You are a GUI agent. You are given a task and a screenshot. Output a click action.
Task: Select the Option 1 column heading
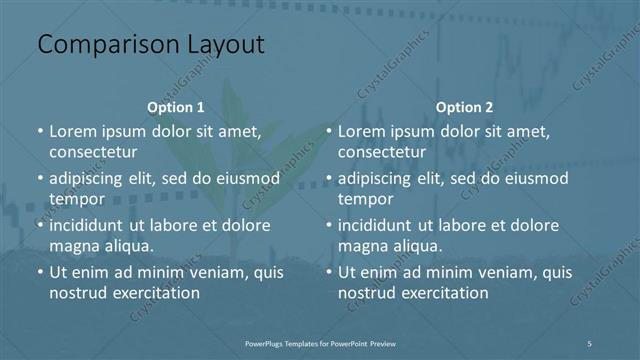click(176, 106)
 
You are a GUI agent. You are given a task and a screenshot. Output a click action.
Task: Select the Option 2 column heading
click(465, 106)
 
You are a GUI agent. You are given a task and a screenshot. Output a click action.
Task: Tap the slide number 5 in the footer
click(591, 343)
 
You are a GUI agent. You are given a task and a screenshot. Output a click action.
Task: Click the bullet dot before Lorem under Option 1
click(40, 131)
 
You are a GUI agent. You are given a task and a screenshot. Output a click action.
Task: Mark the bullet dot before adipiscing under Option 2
click(329, 178)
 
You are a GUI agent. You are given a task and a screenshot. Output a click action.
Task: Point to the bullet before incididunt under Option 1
click(40, 225)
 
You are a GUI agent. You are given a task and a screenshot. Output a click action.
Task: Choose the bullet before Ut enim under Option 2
click(329, 272)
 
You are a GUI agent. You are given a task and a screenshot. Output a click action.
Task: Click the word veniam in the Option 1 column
click(209, 272)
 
